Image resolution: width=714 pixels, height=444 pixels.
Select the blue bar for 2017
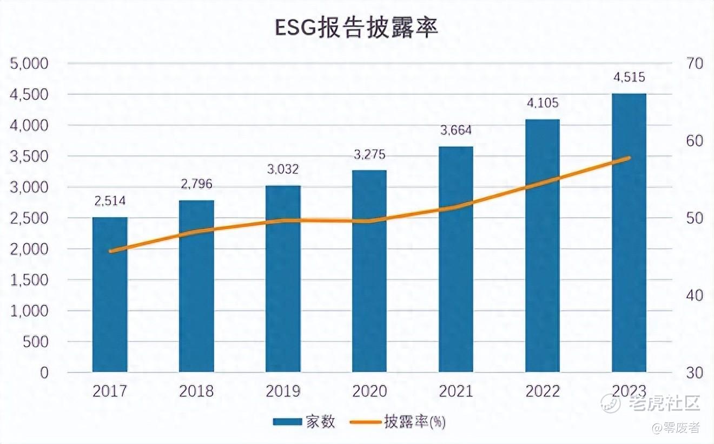110,295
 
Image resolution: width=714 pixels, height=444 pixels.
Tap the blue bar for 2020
369,271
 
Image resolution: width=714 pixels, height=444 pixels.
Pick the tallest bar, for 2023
629,233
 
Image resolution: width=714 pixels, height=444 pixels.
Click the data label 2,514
110,201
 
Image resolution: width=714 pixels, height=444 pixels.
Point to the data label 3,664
456,130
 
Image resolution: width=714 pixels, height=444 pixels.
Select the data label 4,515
629,77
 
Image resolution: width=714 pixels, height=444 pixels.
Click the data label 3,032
283,169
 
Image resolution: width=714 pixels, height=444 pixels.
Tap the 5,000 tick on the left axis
30,63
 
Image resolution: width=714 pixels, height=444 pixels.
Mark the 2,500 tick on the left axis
30,218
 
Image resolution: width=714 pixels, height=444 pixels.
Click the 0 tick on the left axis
43,373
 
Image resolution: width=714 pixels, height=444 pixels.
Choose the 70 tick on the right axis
694,63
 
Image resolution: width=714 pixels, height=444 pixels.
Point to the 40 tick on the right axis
694,296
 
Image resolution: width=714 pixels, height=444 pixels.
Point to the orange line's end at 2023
629,158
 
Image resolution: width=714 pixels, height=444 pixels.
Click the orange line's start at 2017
110,251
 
